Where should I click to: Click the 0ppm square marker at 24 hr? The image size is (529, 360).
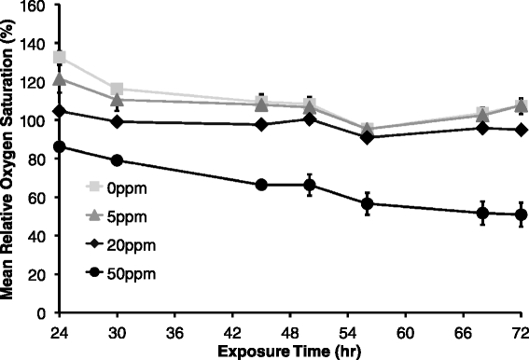pos(60,58)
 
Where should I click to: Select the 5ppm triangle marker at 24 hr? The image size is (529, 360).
pos(60,78)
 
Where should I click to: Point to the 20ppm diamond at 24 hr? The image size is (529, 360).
pos(60,111)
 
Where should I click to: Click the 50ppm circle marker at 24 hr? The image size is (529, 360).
pos(60,146)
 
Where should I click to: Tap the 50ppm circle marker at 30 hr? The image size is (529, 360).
pos(117,160)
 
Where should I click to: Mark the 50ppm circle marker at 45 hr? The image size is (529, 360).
pos(261,185)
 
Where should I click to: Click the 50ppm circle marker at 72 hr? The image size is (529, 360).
pos(521,215)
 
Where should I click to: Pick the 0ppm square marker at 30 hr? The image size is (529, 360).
pos(117,90)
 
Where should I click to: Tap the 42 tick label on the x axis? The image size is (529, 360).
pos(232,331)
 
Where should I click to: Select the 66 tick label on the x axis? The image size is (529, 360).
pos(464,331)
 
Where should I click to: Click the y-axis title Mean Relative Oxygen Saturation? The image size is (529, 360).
pos(8,159)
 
